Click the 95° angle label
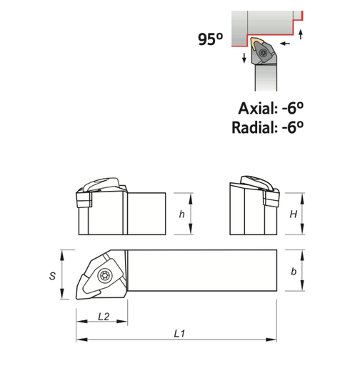coord(211,39)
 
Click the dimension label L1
coord(179,334)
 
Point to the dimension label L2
coord(104,317)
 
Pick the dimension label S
coord(52,276)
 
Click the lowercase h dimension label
coord(182,214)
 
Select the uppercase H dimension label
coord(294,214)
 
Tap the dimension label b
coord(294,272)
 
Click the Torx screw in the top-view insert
coord(104,276)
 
